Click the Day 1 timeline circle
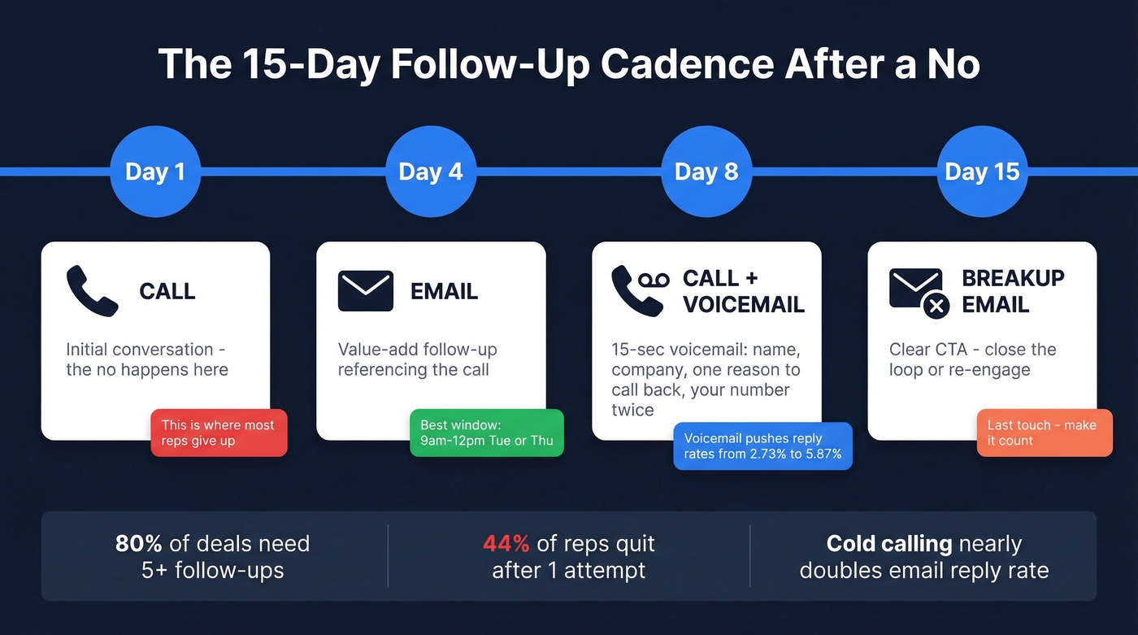pyautogui.click(x=154, y=172)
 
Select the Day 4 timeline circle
pyautogui.click(x=430, y=172)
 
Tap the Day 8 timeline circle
pyautogui.click(x=706, y=172)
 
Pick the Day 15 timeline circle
pyautogui.click(x=982, y=172)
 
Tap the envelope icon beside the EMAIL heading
pyautogui.click(x=365, y=291)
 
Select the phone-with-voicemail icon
pyautogui.click(x=640, y=290)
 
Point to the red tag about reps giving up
pyautogui.click(x=219, y=433)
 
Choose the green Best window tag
pyautogui.click(x=486, y=433)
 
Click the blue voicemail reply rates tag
pyautogui.click(x=762, y=446)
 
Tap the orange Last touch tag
pyautogui.click(x=1044, y=433)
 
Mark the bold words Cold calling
pyautogui.click(x=890, y=543)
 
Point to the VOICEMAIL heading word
pyautogui.click(x=744, y=304)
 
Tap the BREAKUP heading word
pyautogui.click(x=1013, y=278)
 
